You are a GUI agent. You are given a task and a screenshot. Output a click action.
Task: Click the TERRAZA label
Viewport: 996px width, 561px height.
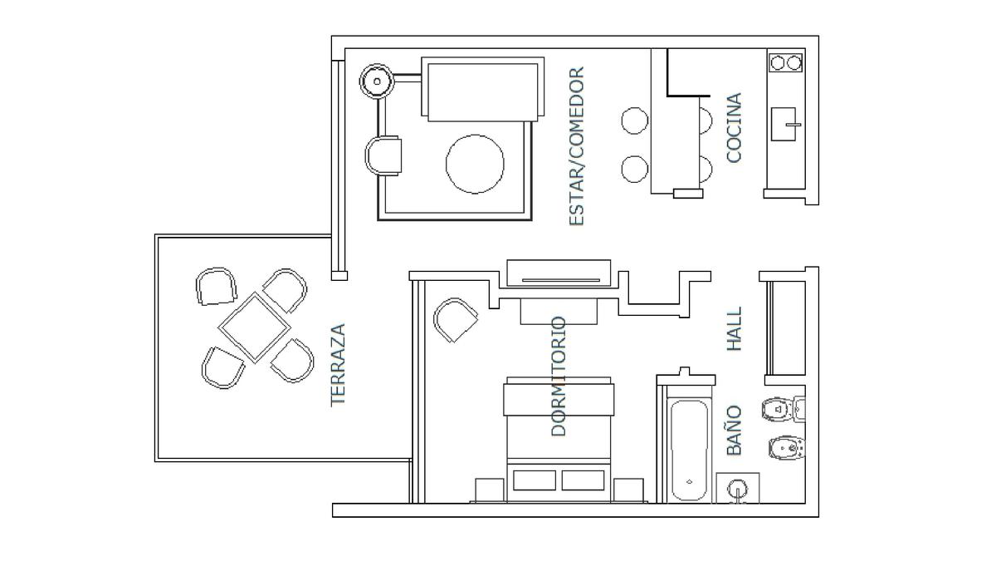[338, 365]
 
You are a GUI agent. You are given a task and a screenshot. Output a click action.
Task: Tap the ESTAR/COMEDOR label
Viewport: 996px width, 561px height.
[577, 146]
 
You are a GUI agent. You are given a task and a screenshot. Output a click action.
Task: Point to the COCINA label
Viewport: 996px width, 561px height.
[734, 128]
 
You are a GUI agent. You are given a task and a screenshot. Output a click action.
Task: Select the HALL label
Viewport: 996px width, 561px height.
[734, 328]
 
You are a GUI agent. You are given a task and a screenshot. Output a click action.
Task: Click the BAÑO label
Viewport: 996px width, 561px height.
[734, 431]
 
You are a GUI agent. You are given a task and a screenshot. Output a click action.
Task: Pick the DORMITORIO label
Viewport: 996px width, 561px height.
[559, 376]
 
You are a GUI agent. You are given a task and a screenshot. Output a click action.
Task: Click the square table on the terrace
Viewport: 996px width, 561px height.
[254, 327]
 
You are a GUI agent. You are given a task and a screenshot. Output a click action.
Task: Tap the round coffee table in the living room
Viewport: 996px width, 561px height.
[475, 164]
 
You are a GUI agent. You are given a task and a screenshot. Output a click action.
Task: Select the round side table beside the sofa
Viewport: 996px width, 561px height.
[377, 81]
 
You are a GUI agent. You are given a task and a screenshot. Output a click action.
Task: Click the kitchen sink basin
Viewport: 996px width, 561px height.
[784, 124]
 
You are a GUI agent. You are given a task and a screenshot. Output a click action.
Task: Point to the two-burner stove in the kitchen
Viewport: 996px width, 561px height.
[786, 63]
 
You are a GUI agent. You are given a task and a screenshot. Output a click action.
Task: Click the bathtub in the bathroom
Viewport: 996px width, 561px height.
[689, 450]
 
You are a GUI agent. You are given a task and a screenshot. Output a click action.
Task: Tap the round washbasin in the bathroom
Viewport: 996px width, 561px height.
[738, 489]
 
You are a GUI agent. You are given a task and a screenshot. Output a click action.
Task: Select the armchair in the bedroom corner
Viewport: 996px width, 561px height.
[456, 320]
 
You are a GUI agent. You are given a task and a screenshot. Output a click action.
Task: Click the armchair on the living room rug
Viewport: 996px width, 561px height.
[383, 155]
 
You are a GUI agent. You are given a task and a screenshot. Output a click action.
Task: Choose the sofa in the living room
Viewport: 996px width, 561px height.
[483, 89]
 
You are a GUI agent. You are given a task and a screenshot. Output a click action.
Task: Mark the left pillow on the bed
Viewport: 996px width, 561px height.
[534, 480]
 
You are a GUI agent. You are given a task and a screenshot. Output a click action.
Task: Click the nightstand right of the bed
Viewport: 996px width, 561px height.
[628, 490]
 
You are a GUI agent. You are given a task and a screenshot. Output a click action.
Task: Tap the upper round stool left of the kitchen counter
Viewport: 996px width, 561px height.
[634, 121]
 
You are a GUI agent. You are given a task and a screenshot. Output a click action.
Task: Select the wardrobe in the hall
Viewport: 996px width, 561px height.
[787, 327]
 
